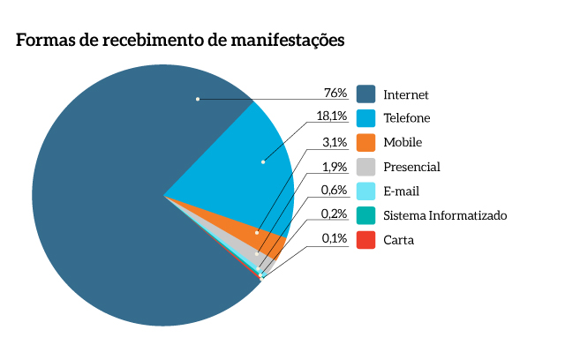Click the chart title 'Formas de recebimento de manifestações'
pos(179,41)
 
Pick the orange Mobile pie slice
pos(265,235)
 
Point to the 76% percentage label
pos(335,93)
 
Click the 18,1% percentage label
pos(331,117)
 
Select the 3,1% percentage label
pos(334,141)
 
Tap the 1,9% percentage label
pos(334,166)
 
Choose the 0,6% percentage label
pos(333,190)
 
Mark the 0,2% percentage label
pos(333,214)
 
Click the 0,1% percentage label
pos(334,238)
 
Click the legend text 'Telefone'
pos(407,118)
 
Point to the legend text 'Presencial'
pos(411,167)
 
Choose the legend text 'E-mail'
pos(401,191)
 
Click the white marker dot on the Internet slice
pos(198,99)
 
